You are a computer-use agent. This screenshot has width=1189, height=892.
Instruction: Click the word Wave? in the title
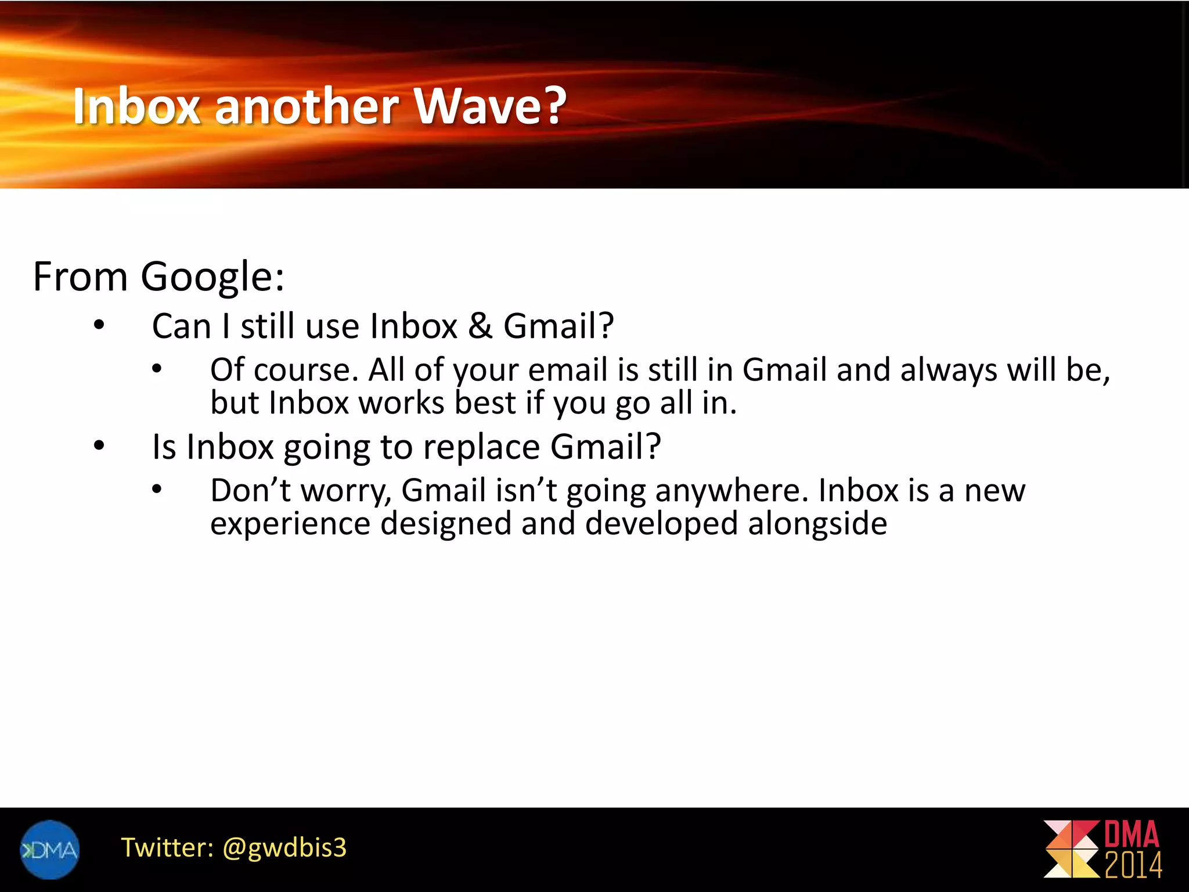coord(489,106)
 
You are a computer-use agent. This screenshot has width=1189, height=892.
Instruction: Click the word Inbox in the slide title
coord(137,106)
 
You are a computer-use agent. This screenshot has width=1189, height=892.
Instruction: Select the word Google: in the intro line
coord(212,277)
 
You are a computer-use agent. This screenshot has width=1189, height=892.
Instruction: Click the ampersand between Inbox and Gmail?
coord(480,326)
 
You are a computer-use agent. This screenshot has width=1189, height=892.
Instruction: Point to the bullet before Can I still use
coord(99,325)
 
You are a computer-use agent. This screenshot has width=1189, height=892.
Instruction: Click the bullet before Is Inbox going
coord(99,446)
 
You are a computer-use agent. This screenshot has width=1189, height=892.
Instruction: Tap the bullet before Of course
coord(157,369)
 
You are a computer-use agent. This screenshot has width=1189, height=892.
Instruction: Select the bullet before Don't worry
coord(157,490)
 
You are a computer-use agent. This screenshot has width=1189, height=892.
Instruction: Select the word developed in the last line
coord(661,524)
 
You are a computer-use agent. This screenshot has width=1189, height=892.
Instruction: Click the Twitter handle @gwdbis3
coord(284,848)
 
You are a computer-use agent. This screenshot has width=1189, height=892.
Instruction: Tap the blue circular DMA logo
coord(49,850)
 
